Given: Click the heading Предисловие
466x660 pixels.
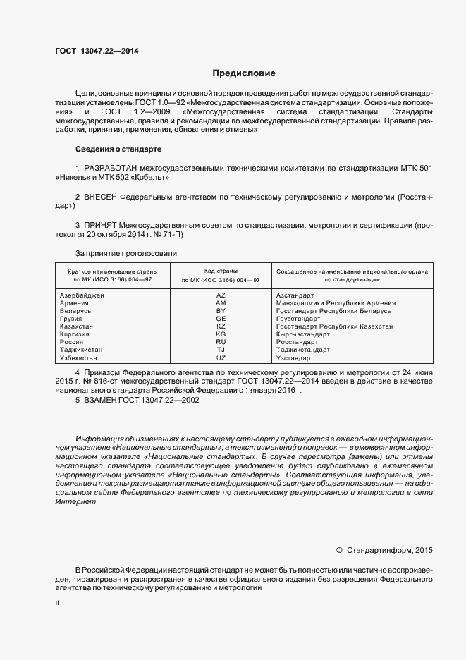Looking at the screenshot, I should click(x=245, y=73).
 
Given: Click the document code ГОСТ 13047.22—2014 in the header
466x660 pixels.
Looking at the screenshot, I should click(x=97, y=50).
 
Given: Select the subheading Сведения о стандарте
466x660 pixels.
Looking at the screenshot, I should click(x=118, y=149).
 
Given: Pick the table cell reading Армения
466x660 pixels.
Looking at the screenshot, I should click(x=75, y=303).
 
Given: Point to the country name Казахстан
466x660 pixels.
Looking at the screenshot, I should click(x=77, y=326).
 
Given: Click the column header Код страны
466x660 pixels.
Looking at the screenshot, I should click(x=221, y=271).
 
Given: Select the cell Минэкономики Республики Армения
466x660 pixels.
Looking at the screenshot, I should click(x=336, y=303).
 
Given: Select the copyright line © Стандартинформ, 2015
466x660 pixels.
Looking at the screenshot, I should click(x=385, y=549).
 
